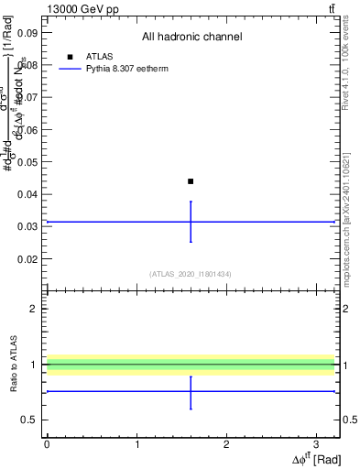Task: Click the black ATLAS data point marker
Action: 191,181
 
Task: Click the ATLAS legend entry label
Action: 98,57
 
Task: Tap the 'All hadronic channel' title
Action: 191,37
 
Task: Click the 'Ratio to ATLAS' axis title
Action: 14,364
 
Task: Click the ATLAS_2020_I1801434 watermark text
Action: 191,274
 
